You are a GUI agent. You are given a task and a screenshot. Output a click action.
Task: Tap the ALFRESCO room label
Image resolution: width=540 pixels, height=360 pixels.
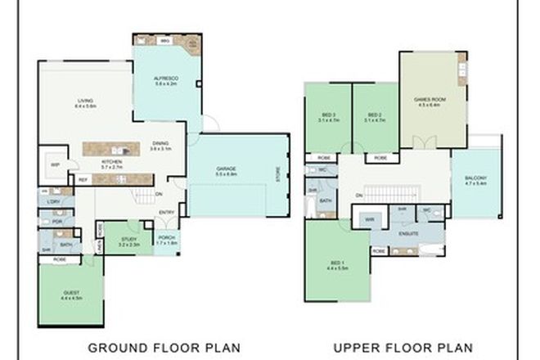click(166, 79)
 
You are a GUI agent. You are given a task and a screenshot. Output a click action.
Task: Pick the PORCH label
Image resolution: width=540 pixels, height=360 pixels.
click(168, 239)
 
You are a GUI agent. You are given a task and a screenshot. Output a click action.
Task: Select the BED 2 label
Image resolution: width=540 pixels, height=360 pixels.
click(374, 115)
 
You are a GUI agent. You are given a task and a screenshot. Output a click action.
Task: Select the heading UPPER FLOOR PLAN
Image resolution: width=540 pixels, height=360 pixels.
click(403, 345)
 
